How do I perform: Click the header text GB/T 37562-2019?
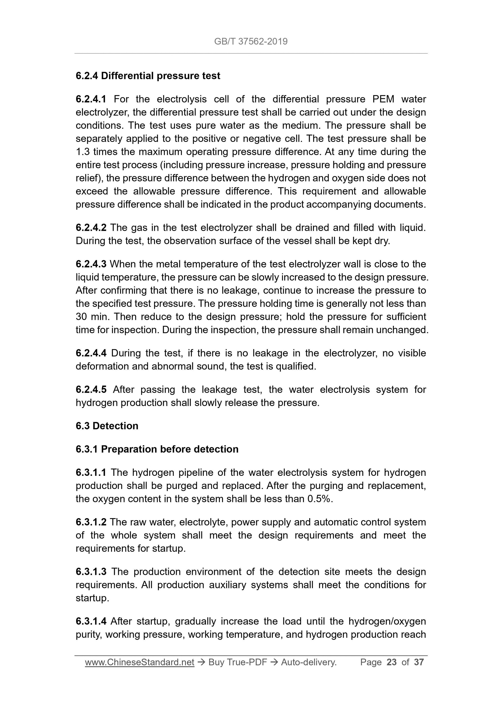tap(250, 42)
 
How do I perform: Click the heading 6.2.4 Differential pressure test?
tap(148, 76)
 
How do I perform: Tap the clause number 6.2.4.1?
tap(91, 99)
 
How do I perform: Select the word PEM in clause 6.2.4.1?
tap(383, 99)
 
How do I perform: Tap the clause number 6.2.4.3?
tap(91, 264)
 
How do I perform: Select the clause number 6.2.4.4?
tap(91, 353)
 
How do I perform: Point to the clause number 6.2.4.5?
tap(91, 390)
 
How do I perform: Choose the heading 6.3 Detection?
tap(107, 426)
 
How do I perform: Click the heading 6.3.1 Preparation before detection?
tap(157, 449)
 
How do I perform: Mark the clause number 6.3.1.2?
tap(91, 522)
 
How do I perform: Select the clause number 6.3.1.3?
tap(91, 572)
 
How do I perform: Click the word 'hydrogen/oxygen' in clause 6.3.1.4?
tap(387, 621)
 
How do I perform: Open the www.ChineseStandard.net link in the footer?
tap(140, 662)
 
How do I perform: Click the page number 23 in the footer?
tap(392, 662)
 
